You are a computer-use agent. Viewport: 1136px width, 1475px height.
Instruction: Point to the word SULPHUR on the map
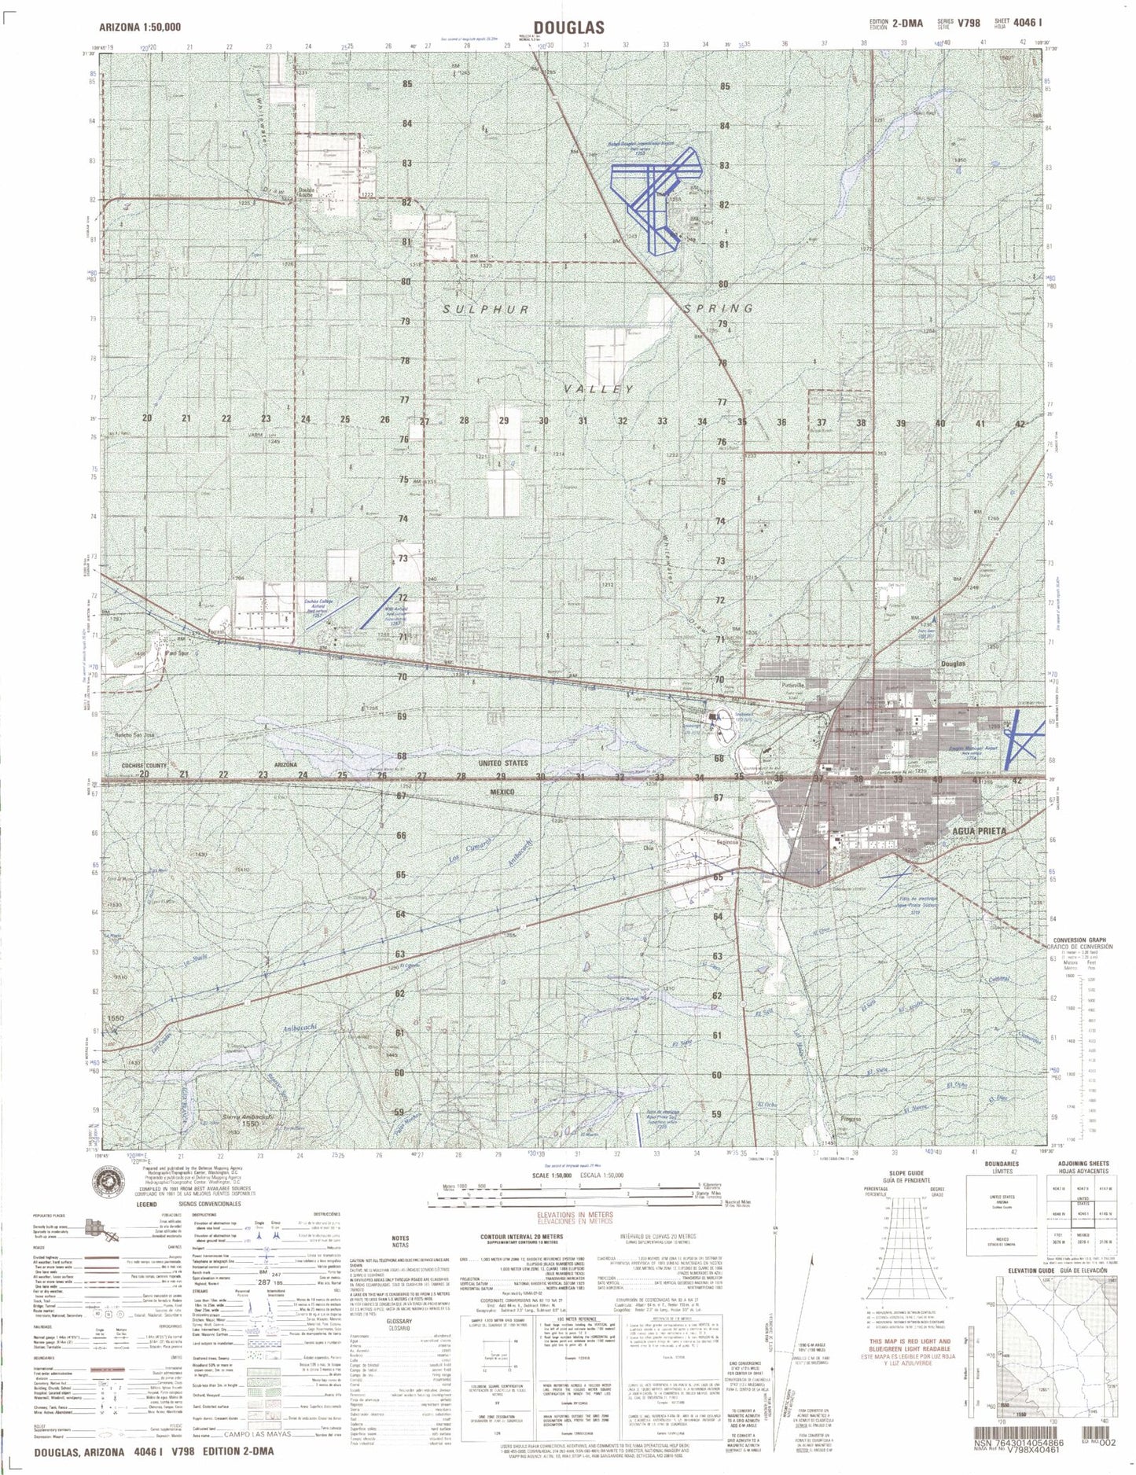tap(485, 310)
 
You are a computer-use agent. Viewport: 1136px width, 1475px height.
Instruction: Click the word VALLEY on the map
tap(602, 389)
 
